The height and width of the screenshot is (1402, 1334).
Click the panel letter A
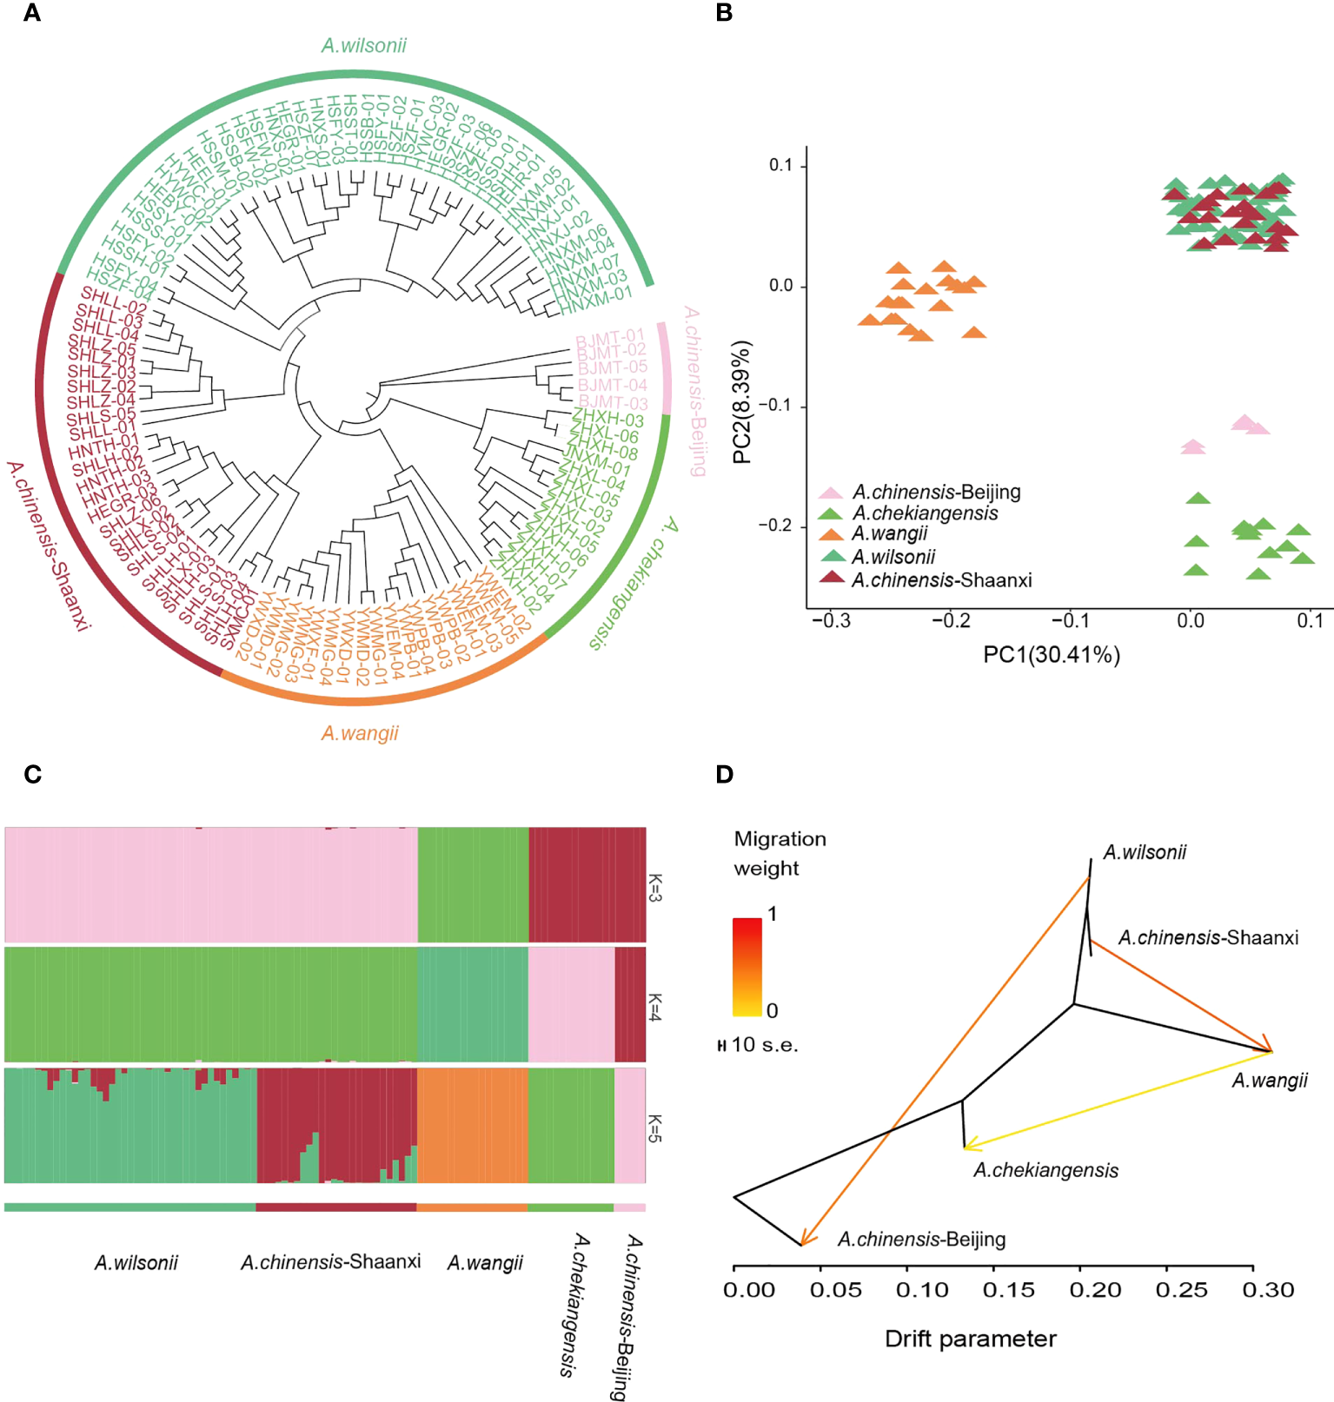[32, 13]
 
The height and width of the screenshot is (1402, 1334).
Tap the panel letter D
[725, 774]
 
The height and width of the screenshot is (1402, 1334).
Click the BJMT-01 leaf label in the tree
[610, 336]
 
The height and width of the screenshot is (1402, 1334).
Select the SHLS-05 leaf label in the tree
[102, 416]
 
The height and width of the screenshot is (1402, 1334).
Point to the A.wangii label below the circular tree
[360, 733]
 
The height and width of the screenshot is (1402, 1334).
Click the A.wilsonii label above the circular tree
[363, 45]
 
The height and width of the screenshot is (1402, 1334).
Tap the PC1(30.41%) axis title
[1051, 654]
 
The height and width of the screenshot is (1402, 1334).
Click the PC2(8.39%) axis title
[742, 402]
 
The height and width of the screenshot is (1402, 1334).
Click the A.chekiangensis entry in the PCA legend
[925, 513]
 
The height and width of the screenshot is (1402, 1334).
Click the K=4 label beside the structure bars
[655, 1006]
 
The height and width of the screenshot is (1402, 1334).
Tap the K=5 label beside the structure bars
[655, 1127]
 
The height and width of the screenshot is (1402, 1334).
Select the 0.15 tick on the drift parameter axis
[1008, 1290]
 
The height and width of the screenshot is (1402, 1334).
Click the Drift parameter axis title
[970, 1339]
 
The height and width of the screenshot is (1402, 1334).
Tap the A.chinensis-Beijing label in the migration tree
[921, 1239]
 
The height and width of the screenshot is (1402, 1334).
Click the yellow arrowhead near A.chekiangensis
[968, 1147]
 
